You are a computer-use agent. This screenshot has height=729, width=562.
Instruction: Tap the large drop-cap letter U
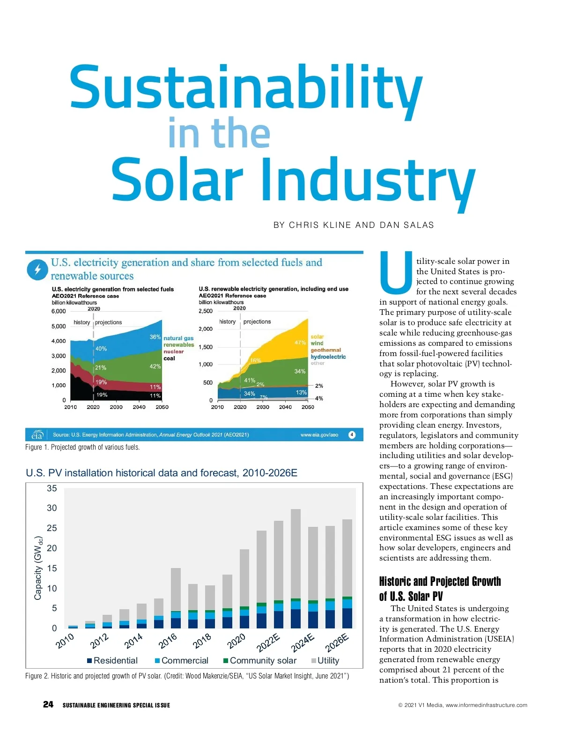[x=396, y=271]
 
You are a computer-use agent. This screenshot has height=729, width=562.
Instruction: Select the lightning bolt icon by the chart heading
[x=37, y=270]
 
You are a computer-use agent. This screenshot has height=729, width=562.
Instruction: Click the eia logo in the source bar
[x=37, y=435]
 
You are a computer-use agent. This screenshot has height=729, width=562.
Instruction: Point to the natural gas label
[x=178, y=338]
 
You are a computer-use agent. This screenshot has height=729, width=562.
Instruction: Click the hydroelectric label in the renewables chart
[x=328, y=357]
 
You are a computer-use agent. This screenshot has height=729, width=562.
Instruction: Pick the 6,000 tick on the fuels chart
[x=59, y=311]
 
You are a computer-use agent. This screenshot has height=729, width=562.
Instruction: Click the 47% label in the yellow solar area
[x=300, y=343]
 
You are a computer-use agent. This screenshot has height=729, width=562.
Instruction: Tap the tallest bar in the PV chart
[x=296, y=568]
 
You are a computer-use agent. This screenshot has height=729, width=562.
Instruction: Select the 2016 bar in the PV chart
[x=176, y=598]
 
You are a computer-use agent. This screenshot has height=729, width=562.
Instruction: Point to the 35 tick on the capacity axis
[x=52, y=488]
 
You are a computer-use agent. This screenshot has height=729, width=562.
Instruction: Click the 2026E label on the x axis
[x=337, y=642]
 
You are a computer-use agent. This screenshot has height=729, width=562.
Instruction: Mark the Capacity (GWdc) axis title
[x=38, y=568]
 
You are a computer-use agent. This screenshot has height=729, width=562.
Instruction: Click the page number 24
[x=48, y=704]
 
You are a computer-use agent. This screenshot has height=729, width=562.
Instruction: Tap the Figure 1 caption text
[x=82, y=447]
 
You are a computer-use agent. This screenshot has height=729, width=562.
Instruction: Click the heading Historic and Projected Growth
[x=440, y=582]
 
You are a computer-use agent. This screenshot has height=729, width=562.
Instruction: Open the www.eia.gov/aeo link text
[x=319, y=435]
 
